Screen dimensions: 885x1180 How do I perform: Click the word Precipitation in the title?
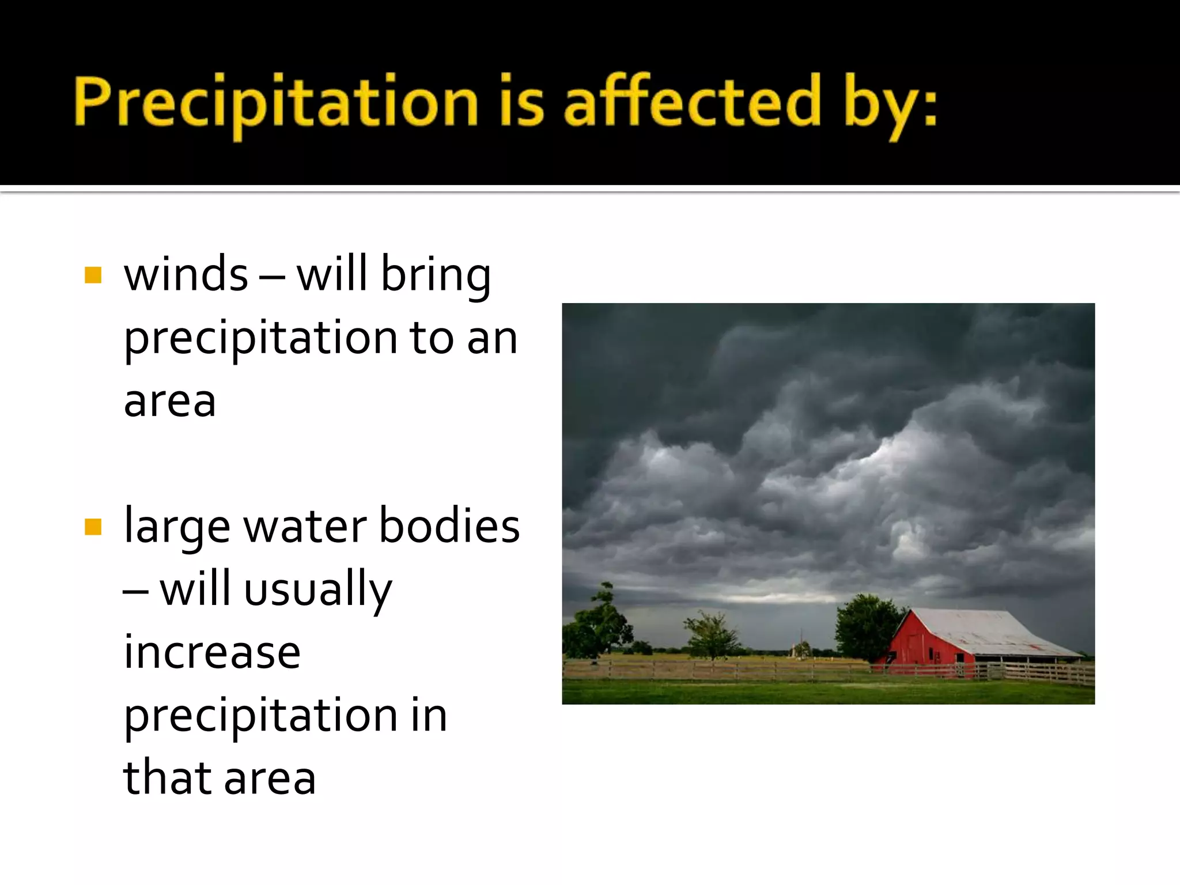(x=275, y=103)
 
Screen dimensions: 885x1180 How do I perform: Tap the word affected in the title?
(x=691, y=103)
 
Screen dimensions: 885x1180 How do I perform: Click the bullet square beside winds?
(x=93, y=275)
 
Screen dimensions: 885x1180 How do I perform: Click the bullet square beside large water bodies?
(x=93, y=527)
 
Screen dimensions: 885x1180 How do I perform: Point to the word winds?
(x=186, y=275)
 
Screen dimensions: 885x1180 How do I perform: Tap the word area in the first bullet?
(x=169, y=401)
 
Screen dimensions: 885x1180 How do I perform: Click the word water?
(x=305, y=527)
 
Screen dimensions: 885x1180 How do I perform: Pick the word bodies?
(x=449, y=525)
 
